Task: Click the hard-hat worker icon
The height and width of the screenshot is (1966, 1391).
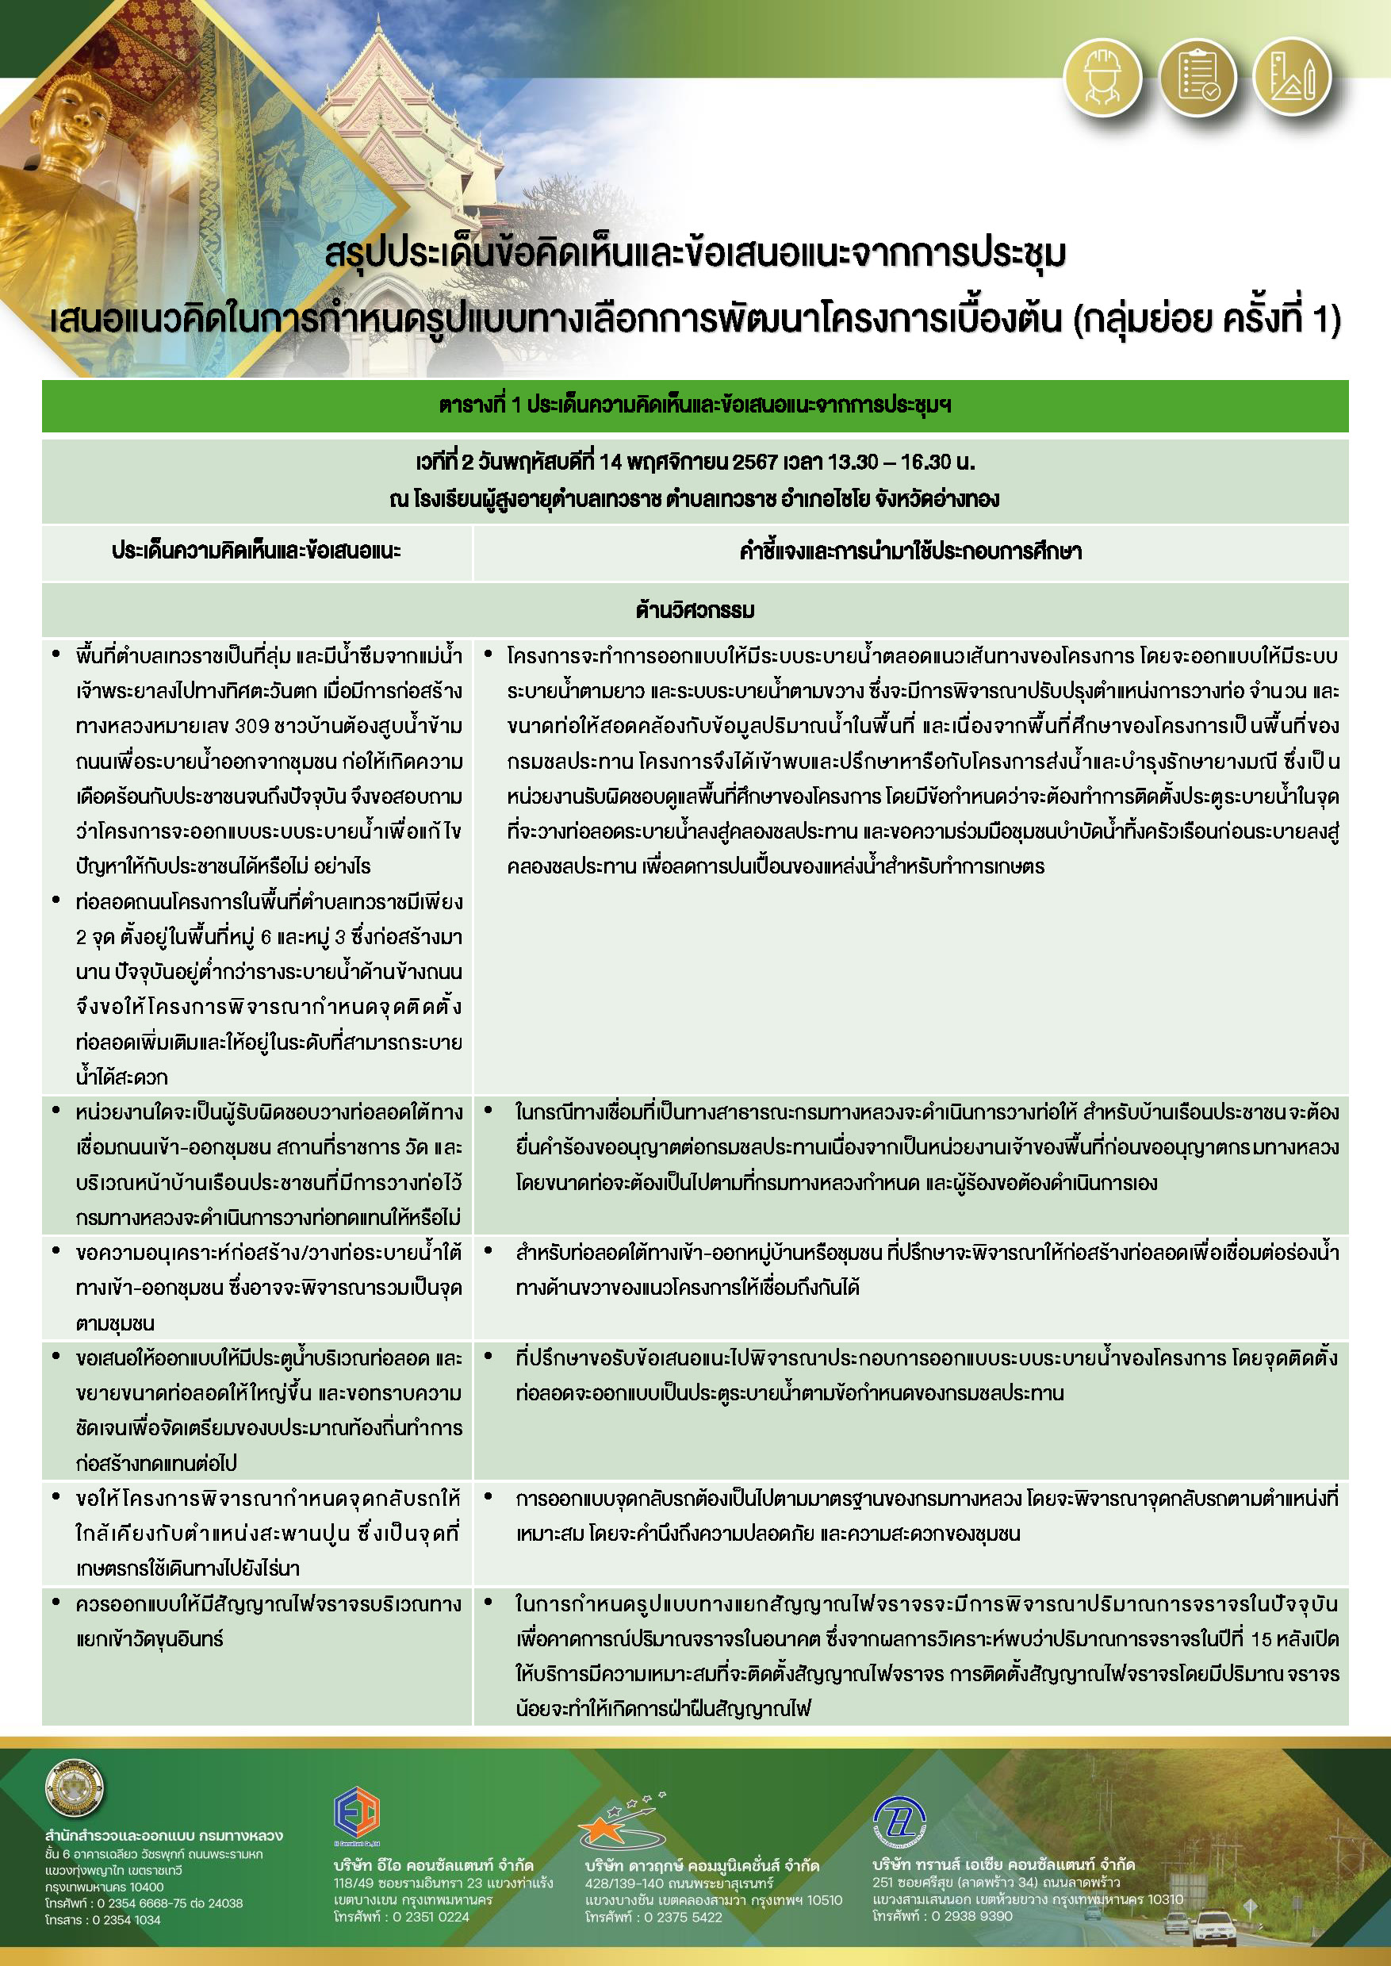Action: [1102, 78]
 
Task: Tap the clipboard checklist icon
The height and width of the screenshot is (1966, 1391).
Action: [1197, 78]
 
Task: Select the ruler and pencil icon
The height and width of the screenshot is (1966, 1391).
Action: [1291, 78]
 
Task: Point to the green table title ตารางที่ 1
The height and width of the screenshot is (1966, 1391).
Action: [695, 405]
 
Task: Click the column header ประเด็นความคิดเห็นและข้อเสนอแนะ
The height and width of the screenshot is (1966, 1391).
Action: [256, 551]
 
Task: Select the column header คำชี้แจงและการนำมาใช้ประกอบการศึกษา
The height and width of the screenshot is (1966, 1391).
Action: [910, 551]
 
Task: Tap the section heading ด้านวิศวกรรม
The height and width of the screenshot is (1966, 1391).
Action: [695, 610]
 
